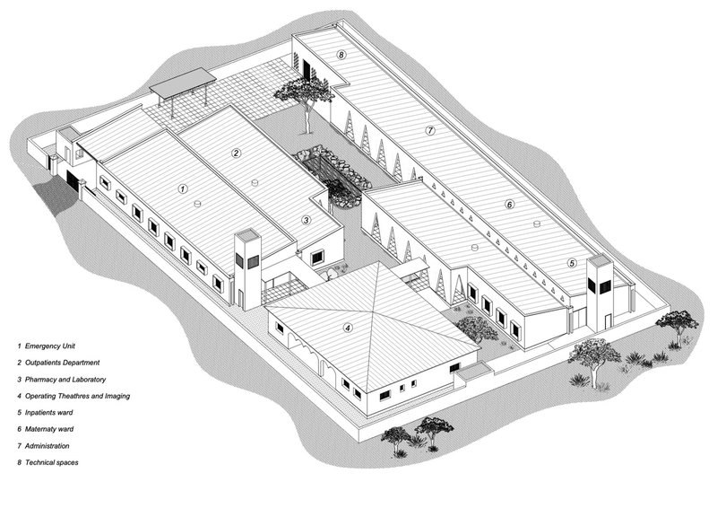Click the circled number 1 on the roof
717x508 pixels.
coord(183,188)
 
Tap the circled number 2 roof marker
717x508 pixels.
coord(236,153)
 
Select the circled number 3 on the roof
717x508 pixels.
coord(307,220)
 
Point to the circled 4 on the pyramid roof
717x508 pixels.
coord(348,328)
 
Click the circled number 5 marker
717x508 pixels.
coord(572,263)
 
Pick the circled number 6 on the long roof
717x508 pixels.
coord(509,205)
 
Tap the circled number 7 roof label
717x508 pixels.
coord(430,130)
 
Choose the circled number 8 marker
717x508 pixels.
coord(341,55)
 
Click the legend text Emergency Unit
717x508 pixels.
coord(50,346)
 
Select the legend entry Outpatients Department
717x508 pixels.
coord(62,363)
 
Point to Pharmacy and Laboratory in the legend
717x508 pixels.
coord(65,380)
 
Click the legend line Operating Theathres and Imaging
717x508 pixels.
coord(77,396)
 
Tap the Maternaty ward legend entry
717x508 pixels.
coord(49,429)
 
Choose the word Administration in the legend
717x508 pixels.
coord(48,446)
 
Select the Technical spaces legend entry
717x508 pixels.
coord(52,462)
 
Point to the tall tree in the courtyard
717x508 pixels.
coord(305,104)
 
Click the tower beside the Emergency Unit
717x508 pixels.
coord(247,269)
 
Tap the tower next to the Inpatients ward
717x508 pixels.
coord(600,293)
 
